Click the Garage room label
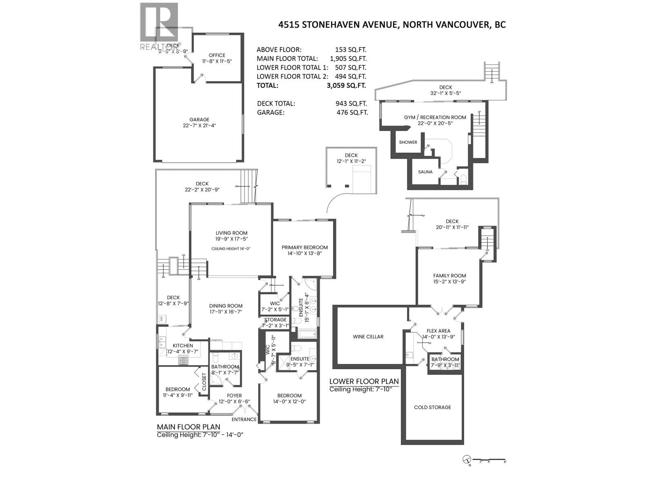[199, 119]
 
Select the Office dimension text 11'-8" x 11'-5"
[217, 61]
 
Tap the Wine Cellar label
[368, 337]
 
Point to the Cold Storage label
[432, 407]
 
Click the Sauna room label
[425, 172]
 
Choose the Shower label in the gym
[408, 142]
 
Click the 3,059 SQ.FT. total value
[343, 86]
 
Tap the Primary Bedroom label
[305, 247]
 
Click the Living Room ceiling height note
[231, 248]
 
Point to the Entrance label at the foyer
[244, 419]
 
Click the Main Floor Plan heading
[188, 427]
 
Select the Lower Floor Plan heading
[364, 381]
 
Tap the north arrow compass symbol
[467, 460]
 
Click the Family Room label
[450, 275]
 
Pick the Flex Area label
[438, 331]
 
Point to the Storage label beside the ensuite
[275, 320]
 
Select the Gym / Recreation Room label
[435, 117]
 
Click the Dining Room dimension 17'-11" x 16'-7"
[226, 312]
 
